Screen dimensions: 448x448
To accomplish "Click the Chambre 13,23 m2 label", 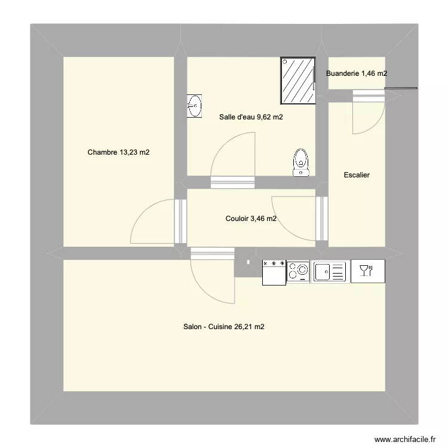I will pyautogui.click(x=118, y=152).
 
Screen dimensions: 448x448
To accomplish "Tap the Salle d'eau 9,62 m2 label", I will pyautogui.click(x=251, y=117).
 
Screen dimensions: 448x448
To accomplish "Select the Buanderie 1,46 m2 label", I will pyautogui.click(x=357, y=73).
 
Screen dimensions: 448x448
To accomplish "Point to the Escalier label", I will pyautogui.click(x=357, y=175).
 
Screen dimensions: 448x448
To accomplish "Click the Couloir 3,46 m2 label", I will pyautogui.click(x=251, y=219).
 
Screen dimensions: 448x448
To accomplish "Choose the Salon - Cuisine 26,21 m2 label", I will pyautogui.click(x=224, y=327).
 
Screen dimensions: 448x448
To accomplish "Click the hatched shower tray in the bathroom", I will pyautogui.click(x=298, y=81).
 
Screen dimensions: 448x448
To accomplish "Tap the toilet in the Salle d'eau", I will pyautogui.click(x=301, y=163).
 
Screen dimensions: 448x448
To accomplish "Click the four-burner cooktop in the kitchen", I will pyautogui.click(x=298, y=271).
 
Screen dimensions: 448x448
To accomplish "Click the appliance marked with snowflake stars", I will pyautogui.click(x=274, y=271).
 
